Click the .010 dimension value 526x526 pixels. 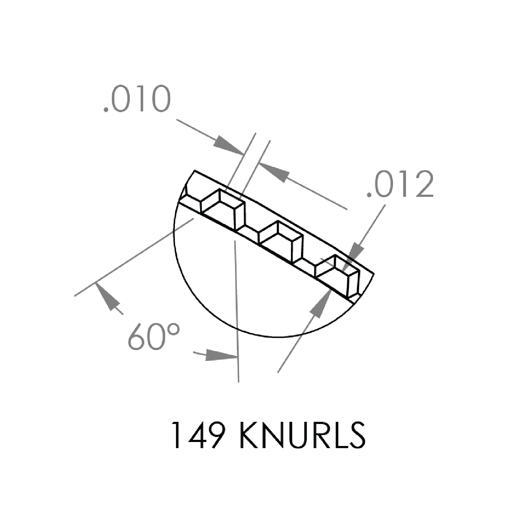(x=137, y=99)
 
